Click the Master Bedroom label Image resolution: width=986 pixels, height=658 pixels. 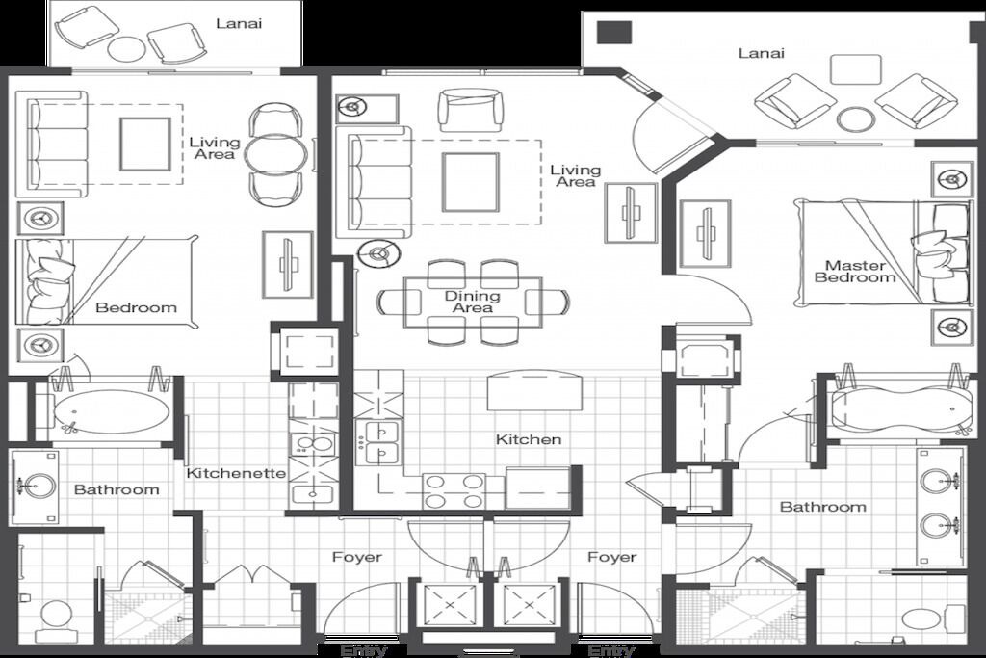point(855,272)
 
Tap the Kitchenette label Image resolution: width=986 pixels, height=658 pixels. point(237,473)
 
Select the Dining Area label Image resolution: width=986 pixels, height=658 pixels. point(472,302)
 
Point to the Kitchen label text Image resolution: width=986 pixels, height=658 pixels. point(529,439)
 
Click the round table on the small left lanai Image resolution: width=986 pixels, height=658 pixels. point(126,48)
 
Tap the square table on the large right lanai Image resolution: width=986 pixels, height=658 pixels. point(855,69)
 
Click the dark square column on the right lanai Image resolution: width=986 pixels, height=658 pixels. point(613,32)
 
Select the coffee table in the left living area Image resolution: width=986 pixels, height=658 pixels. point(145,145)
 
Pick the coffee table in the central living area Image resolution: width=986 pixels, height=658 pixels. point(470,182)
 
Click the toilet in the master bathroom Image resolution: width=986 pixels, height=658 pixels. point(929,618)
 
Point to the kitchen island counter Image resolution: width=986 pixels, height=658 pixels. point(534,390)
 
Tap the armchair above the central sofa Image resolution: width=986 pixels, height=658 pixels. point(471,110)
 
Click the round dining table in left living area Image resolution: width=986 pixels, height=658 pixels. point(276,153)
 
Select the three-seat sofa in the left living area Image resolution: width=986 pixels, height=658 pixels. point(52,145)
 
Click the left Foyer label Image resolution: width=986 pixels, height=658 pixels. point(357,557)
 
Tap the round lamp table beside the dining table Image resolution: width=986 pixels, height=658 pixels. point(378,254)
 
